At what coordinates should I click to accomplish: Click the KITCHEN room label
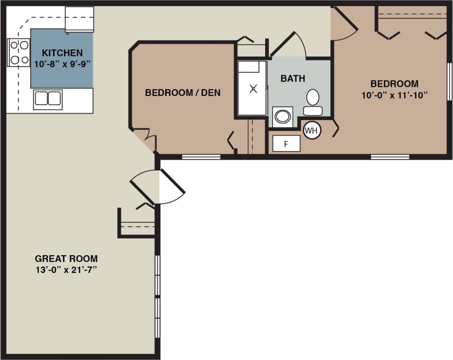(62, 53)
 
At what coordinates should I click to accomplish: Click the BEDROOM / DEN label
(182, 93)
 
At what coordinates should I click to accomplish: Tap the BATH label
(293, 79)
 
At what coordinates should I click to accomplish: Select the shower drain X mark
(253, 89)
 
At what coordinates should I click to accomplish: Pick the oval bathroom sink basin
(283, 116)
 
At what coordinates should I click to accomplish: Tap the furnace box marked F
(286, 144)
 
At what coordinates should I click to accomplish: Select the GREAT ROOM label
(66, 258)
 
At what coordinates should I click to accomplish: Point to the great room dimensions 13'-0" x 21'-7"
(66, 269)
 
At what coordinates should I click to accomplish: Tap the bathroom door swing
(291, 44)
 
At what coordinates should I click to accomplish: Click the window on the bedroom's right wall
(449, 81)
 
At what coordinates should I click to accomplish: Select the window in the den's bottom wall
(201, 157)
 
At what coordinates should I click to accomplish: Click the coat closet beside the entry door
(137, 224)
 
